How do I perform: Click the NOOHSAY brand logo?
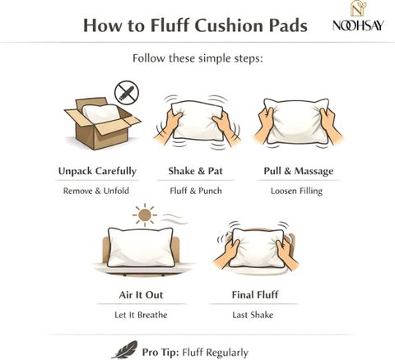pos(358,16)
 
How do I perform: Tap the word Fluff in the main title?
pos(170,25)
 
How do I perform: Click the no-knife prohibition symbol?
pos(127,92)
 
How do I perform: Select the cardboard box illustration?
pos(103,123)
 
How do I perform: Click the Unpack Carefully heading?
pos(97,171)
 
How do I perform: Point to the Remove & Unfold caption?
pos(96,191)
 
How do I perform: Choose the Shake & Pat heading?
pos(195,171)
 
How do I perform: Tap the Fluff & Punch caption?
pos(196,191)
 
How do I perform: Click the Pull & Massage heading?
pos(299,171)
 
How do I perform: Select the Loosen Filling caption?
pos(296,191)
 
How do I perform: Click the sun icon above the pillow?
pos(145,215)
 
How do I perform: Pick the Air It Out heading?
pos(141,295)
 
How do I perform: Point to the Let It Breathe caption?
pos(141,315)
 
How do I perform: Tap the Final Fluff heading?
pos(255,295)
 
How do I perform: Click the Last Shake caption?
pos(253,315)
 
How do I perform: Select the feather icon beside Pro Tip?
pos(125,350)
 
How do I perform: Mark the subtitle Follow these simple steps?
pos(197,58)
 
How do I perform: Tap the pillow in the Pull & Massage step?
pos(296,121)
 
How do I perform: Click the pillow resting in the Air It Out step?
pos(141,247)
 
